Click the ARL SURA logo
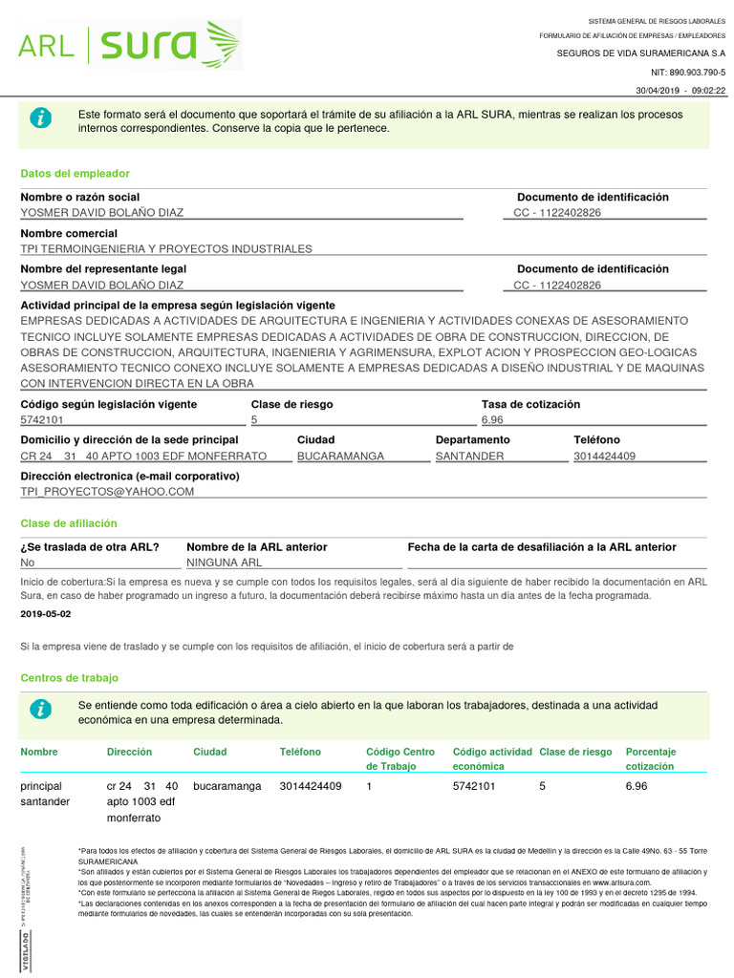(129, 45)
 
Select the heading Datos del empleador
(75, 174)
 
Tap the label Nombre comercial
(69, 233)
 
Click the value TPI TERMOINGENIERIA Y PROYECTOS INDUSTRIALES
(166, 248)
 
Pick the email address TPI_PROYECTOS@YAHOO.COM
(107, 491)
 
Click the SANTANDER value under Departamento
(469, 456)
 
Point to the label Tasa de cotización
(530, 404)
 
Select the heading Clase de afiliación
(69, 523)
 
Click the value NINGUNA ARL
(224, 563)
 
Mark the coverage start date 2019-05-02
(45, 614)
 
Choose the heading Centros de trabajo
(70, 677)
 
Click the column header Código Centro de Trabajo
(400, 759)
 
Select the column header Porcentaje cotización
(651, 759)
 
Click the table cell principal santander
(45, 794)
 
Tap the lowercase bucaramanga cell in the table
(227, 786)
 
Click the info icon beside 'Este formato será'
(41, 117)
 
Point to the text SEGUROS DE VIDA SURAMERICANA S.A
(641, 53)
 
